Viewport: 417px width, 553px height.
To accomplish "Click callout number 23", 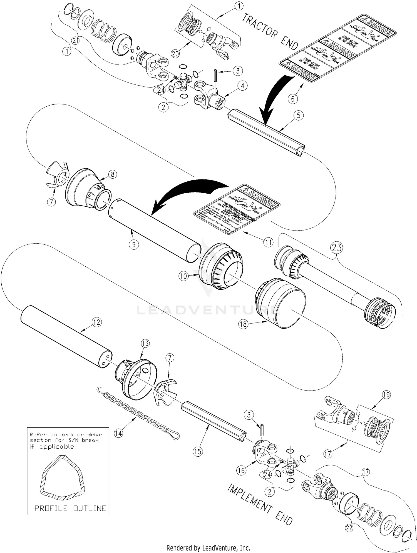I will tap(336, 247).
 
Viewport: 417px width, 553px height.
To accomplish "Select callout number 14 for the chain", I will tap(119, 433).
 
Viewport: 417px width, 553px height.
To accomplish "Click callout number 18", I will tap(244, 324).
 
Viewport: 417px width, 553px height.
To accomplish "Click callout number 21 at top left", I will tap(75, 41).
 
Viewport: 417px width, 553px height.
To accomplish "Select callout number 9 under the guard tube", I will tap(134, 244).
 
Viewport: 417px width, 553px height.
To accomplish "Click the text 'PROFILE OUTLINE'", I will tap(70, 508).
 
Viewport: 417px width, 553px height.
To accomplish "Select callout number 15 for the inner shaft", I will tap(198, 451).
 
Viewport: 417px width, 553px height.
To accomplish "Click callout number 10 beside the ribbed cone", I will tap(184, 276).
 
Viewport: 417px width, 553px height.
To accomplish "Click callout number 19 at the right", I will tap(386, 394).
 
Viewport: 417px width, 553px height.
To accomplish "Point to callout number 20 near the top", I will tap(175, 53).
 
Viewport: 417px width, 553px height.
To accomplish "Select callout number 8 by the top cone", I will tap(112, 174).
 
